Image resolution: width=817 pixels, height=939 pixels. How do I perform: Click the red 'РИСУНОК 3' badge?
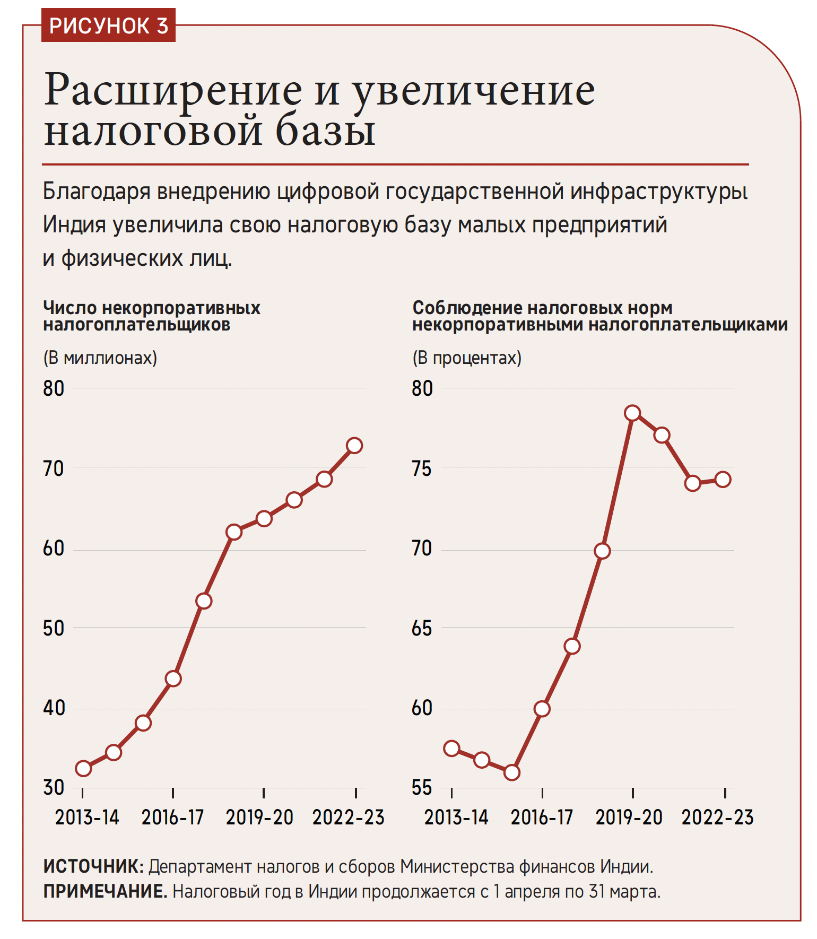point(108,25)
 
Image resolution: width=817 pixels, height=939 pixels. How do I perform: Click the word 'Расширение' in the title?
point(172,90)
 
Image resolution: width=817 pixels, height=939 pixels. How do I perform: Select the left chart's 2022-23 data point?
point(354,445)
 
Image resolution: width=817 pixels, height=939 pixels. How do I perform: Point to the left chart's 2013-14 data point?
point(83,768)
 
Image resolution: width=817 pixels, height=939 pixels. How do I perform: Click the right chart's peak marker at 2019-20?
point(632,413)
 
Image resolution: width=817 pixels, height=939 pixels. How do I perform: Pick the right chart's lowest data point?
point(511,772)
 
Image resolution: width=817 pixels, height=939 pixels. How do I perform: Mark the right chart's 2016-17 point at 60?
point(542,709)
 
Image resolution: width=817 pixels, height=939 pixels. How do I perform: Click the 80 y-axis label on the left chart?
point(54,389)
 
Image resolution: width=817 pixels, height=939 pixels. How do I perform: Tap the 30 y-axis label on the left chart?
point(54,788)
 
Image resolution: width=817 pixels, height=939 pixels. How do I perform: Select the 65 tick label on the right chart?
point(422,629)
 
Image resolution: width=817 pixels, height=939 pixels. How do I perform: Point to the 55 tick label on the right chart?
point(422,788)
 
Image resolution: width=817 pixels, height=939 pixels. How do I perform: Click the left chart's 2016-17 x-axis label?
point(172,818)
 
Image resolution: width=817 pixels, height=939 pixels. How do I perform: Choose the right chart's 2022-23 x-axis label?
point(717,818)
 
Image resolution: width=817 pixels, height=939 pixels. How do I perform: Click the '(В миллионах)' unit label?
point(100,358)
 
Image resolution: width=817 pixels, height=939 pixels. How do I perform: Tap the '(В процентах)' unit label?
point(467,358)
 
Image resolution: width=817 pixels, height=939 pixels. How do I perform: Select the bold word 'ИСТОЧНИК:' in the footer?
point(93,867)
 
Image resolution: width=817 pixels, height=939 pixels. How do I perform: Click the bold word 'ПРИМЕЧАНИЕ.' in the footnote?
point(105,891)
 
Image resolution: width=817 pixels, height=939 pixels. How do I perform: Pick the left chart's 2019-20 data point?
point(264,518)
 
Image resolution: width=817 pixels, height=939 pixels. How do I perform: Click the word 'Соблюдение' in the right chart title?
point(465,308)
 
